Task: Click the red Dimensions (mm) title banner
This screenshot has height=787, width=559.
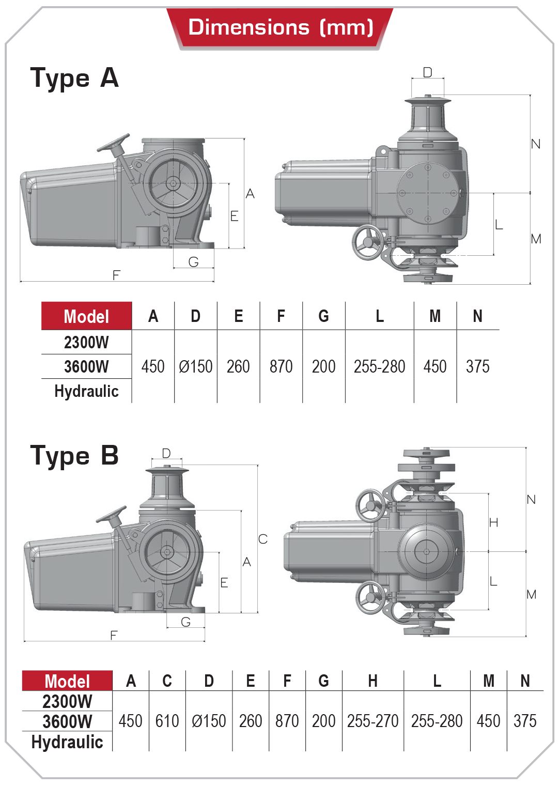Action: pyautogui.click(x=280, y=27)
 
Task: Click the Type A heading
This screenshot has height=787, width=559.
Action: pyautogui.click(x=74, y=78)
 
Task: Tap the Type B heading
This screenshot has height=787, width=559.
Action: pyautogui.click(x=74, y=456)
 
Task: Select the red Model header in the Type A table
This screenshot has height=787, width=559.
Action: pyautogui.click(x=86, y=316)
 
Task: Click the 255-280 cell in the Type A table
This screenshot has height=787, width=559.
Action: pyautogui.click(x=379, y=366)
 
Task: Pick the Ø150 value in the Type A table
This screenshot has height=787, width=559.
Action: pyautogui.click(x=195, y=366)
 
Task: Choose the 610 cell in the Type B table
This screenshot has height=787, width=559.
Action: pyautogui.click(x=167, y=721)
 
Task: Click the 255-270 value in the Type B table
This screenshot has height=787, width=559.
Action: pyautogui.click(x=372, y=721)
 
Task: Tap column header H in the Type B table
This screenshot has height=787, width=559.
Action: pyautogui.click(x=372, y=681)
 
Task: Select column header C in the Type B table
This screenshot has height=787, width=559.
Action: pyautogui.click(x=167, y=681)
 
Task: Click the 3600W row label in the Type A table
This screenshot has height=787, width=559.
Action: pyautogui.click(x=86, y=366)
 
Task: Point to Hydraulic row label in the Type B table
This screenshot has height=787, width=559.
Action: pyautogui.click(x=67, y=742)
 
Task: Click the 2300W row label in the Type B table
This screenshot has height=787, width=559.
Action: pyautogui.click(x=67, y=701)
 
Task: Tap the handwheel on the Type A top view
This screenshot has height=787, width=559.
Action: pyautogui.click(x=368, y=242)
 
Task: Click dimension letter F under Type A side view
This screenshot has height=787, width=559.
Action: pyautogui.click(x=116, y=275)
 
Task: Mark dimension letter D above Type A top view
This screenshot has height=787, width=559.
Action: pyautogui.click(x=427, y=72)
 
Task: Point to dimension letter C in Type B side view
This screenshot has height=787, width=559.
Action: pyautogui.click(x=263, y=539)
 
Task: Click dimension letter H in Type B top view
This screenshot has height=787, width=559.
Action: pyautogui.click(x=493, y=522)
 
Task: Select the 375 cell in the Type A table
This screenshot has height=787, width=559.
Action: pyautogui.click(x=477, y=366)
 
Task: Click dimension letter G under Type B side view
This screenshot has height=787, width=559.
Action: pyautogui.click(x=186, y=622)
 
